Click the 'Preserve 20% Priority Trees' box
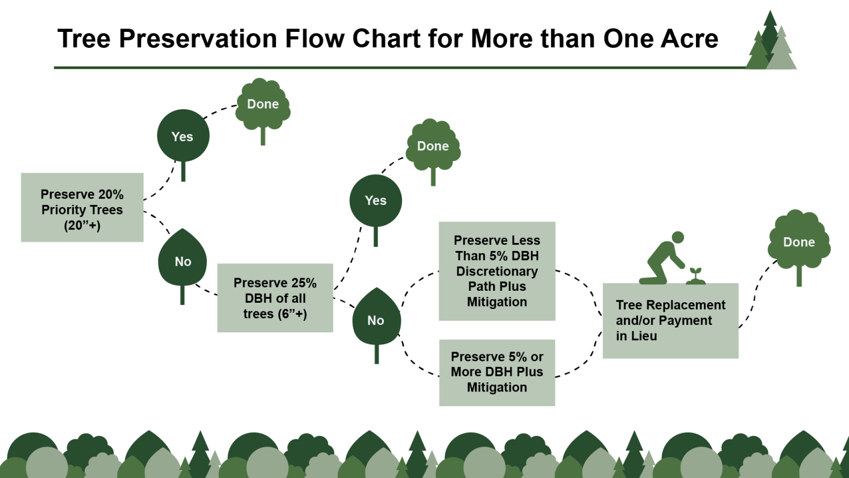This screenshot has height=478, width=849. [x=82, y=208]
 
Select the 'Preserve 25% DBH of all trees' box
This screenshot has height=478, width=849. [x=275, y=298]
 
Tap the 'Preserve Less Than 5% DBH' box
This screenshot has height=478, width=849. [x=497, y=271]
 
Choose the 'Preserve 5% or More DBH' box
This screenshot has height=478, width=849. [x=497, y=372]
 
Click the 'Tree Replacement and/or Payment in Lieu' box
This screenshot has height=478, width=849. [x=670, y=320]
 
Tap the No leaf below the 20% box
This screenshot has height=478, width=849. [x=183, y=260]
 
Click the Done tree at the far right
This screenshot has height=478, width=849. [x=799, y=242]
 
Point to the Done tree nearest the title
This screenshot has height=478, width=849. [x=263, y=105]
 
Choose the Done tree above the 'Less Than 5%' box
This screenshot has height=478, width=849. [x=433, y=146]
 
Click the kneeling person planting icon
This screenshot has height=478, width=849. [x=663, y=259]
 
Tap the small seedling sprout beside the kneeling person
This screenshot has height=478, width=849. [x=695, y=275]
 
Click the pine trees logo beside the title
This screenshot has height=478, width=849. [x=771, y=43]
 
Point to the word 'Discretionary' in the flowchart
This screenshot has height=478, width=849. [x=497, y=271]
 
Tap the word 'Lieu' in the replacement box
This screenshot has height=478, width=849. [x=645, y=336]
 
